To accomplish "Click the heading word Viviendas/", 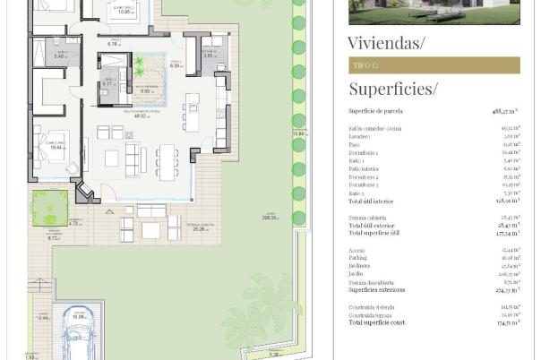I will point(387,41).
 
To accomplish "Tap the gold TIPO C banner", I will point(421,64).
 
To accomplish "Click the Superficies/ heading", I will point(393,88).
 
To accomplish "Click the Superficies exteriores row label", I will point(377,289).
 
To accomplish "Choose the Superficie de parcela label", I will point(375,111).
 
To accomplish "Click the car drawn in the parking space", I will point(79,338).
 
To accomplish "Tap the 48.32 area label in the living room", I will point(140,116).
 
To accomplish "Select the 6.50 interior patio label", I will point(146,90).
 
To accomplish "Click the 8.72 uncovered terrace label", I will point(53,238).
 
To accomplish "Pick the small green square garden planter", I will point(49,207).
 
